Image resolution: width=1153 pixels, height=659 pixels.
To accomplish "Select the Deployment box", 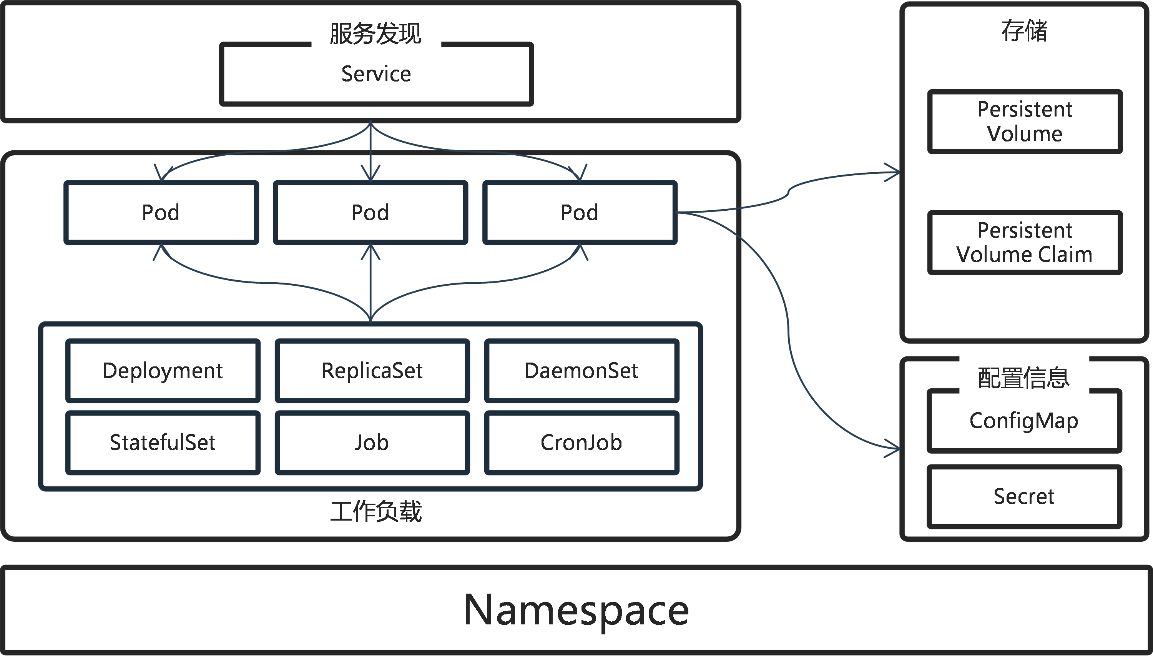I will [163, 371].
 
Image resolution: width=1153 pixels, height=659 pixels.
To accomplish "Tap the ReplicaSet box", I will [372, 371].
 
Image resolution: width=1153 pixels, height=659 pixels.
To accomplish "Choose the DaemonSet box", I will [581, 371].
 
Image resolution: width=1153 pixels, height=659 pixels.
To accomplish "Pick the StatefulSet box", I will [163, 443].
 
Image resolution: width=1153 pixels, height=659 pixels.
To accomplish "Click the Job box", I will [372, 443].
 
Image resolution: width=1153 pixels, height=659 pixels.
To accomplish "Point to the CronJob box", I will [581, 443].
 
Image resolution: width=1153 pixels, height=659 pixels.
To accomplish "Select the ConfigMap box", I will [1024, 421].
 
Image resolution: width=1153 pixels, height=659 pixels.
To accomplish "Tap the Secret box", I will [1024, 496].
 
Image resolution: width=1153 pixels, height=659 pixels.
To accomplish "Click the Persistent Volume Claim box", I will [1025, 243].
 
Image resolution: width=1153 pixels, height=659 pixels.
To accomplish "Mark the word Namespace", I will [576, 610].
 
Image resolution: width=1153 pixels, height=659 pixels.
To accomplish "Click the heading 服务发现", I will [375, 34].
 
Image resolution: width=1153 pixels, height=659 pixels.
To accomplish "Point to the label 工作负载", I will [376, 511].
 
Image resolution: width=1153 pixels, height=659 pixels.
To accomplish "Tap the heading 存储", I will [1024, 31].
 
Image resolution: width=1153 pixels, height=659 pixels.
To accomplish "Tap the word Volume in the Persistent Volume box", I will [1025, 134].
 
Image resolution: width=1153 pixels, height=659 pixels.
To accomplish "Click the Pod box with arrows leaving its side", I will [580, 212].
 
